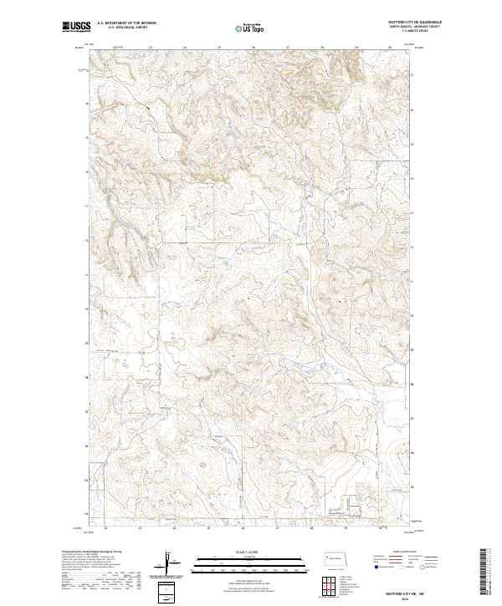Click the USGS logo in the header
pyautogui.click(x=76, y=27)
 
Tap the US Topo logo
pyautogui.click(x=251, y=28)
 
